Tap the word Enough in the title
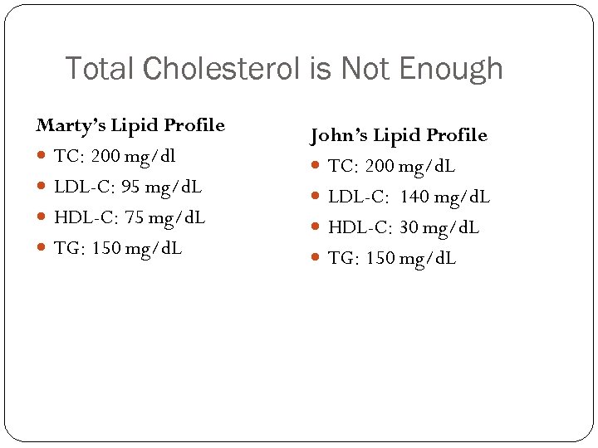(x=461, y=69)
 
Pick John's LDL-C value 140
(x=413, y=197)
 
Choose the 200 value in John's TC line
(x=380, y=166)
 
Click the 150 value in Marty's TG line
(x=105, y=248)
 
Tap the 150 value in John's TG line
(x=380, y=258)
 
